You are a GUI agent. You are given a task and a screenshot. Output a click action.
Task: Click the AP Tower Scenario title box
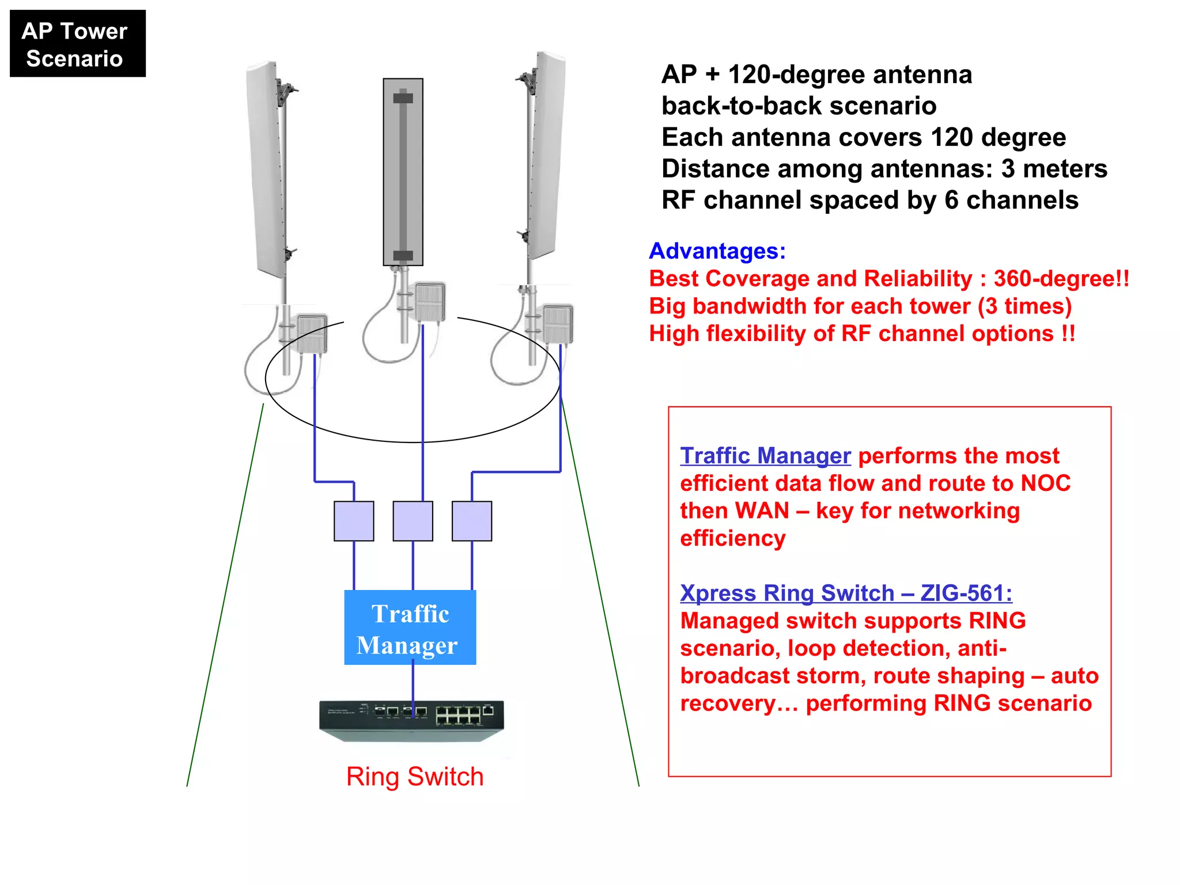[77, 44]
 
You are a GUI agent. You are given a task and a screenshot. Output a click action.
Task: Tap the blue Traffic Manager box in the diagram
[410, 627]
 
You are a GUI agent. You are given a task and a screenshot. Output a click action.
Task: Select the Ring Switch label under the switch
[414, 777]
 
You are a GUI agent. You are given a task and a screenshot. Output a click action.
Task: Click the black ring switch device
[411, 720]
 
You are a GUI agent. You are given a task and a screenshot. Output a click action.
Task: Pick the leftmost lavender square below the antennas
[354, 521]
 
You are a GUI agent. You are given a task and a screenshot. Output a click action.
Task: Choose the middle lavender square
[413, 521]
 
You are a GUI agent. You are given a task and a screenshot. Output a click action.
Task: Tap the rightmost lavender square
[472, 521]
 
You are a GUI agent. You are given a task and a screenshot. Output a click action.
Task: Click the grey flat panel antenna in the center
[403, 172]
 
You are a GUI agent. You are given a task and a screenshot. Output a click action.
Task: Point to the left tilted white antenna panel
[266, 170]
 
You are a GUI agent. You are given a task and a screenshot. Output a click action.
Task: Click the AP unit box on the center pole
[430, 301]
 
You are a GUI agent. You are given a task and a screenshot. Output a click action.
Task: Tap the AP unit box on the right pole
[558, 324]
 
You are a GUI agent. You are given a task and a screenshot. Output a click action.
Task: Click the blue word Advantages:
[717, 251]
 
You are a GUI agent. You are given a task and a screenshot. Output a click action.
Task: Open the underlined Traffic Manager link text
[765, 456]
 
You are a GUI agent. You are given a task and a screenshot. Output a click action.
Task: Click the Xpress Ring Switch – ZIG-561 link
[846, 593]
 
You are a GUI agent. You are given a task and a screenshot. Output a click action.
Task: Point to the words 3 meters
[1054, 169]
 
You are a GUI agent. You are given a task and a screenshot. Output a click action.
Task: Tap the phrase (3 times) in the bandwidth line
[1024, 306]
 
